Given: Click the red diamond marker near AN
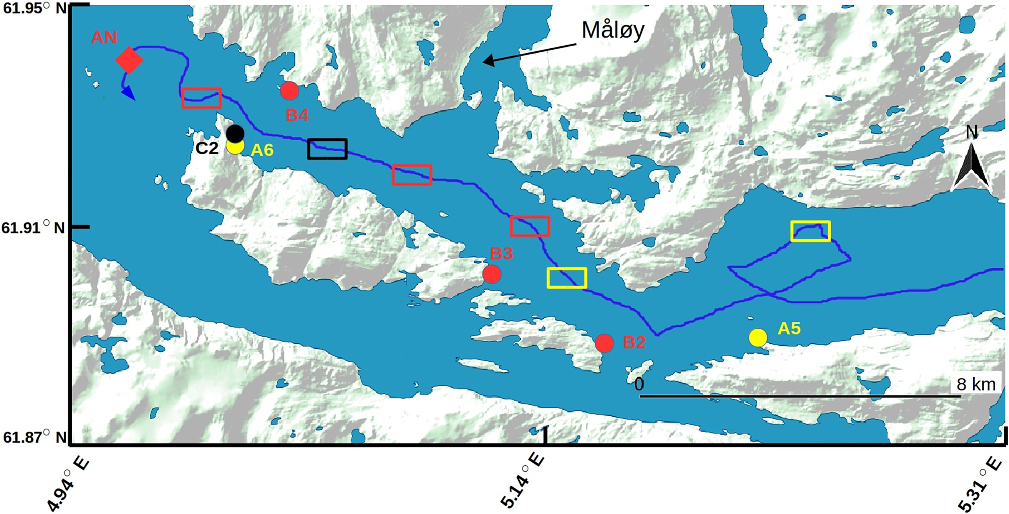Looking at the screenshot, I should coord(129,60).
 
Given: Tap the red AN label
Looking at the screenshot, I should coord(104,37).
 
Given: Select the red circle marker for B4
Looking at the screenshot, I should coord(289,91).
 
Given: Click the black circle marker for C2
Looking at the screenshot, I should coord(235,133).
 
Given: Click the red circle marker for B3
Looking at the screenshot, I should coord(492,274).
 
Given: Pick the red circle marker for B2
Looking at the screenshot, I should coord(604,343).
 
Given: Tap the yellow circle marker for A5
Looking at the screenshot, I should coord(758,337).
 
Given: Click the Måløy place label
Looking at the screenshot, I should coord(613,30).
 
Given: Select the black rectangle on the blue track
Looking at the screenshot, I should coord(327,149).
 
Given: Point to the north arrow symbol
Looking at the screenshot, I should coord(971,165).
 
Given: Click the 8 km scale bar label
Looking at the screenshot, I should coord(976,384).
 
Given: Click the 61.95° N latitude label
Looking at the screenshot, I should coord(34,8).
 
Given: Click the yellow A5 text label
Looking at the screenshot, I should coord(789,329).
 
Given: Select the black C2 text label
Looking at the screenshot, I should coord(207,148).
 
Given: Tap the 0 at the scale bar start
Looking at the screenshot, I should coord(639,384).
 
